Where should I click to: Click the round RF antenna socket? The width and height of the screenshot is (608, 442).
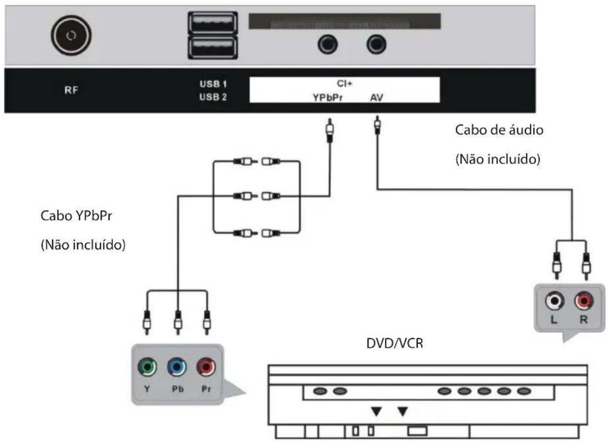point(71,35)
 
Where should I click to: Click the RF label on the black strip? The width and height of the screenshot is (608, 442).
point(72,91)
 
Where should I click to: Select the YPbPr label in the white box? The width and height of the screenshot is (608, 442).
point(328,97)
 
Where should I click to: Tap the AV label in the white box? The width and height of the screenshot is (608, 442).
point(376,97)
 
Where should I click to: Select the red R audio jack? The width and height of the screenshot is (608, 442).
point(583,300)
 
